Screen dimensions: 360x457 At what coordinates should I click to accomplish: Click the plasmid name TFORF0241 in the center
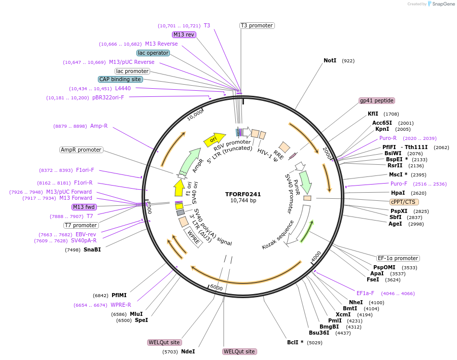tap(243, 194)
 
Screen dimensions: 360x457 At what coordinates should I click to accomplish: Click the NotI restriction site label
tap(330, 61)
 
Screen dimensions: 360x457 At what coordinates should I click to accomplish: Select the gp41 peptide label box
tap(376, 100)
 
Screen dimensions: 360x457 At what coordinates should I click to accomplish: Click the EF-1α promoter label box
tap(398, 258)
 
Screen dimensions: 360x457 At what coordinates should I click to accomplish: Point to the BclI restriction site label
tap(295, 342)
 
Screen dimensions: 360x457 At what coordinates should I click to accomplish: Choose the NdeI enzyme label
tap(188, 351)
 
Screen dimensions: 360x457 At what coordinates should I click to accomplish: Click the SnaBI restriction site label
tap(92, 249)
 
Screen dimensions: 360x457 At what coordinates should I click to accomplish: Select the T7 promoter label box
tap(81, 225)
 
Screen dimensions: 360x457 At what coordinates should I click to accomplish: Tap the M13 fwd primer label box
tap(84, 207)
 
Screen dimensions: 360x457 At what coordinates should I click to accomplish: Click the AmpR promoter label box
tap(81, 150)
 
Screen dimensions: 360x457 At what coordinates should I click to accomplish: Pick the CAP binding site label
tap(120, 79)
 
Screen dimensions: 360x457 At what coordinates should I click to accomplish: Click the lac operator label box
tap(153, 53)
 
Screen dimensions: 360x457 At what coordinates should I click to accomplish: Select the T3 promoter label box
tap(257, 25)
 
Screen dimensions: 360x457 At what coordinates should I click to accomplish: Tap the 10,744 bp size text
tap(243, 201)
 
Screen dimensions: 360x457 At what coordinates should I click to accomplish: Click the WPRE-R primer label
tap(121, 305)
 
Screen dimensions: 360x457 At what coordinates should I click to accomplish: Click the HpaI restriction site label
tap(398, 193)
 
